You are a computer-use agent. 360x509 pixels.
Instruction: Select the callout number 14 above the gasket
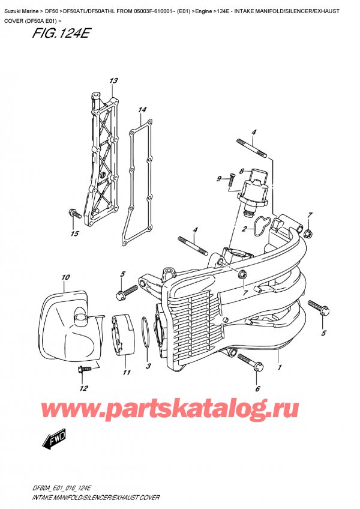142,110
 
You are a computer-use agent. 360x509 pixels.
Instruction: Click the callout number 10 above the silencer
65,277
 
